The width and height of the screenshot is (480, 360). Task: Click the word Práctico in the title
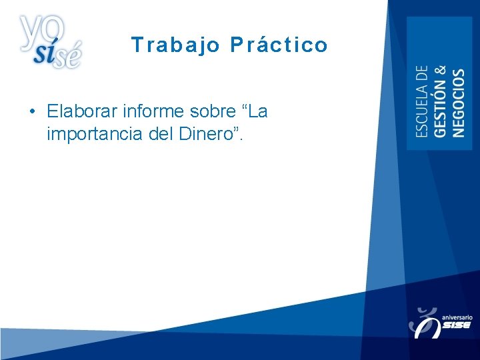[279, 45]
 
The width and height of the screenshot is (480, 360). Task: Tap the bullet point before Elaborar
[32, 111]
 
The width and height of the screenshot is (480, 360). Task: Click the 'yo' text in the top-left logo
[41, 29]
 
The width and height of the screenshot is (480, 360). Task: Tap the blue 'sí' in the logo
[45, 55]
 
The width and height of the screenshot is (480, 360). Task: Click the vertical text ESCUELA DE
[423, 101]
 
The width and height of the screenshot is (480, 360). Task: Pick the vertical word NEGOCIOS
[459, 103]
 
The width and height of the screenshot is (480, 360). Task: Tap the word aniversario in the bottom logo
[457, 318]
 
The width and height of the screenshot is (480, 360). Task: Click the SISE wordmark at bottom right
[457, 326]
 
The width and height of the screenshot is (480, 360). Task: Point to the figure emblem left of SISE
[424, 321]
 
